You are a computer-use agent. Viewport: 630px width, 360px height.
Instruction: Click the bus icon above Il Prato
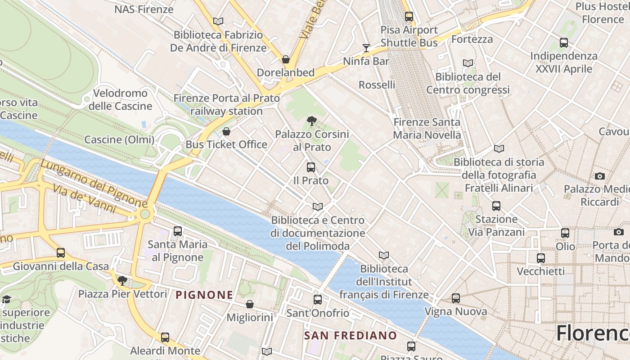pyautogui.click(x=310, y=167)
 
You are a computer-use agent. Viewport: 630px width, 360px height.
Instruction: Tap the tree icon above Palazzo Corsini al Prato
pyautogui.click(x=311, y=121)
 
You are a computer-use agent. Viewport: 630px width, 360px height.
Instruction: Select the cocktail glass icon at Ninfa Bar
pyautogui.click(x=366, y=48)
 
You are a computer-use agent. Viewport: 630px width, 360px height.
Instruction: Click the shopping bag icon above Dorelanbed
pyautogui.click(x=285, y=59)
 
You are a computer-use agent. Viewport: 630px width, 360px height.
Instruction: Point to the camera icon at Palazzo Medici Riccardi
pyautogui.click(x=599, y=176)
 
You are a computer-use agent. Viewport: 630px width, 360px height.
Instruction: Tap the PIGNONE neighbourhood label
pyautogui.click(x=204, y=295)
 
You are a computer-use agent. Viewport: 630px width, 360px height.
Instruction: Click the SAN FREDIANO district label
pyautogui.click(x=350, y=336)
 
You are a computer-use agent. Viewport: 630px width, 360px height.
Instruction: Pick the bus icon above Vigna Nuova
pyautogui.click(x=456, y=298)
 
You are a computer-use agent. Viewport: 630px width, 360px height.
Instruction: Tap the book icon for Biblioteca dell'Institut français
pyautogui.click(x=383, y=256)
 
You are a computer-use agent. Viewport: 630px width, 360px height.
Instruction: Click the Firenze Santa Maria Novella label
pyautogui.click(x=427, y=128)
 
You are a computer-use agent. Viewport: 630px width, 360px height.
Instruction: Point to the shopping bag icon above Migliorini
pyautogui.click(x=250, y=305)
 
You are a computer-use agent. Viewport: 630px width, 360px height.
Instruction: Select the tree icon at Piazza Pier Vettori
pyautogui.click(x=121, y=281)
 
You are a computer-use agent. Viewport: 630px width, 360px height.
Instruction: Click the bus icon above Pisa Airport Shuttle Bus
pyautogui.click(x=409, y=17)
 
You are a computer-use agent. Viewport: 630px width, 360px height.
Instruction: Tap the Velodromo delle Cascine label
pyautogui.click(x=120, y=99)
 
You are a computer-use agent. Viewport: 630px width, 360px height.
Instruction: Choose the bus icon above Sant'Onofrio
pyautogui.click(x=318, y=300)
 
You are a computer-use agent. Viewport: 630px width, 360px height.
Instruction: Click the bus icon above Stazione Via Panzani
pyautogui.click(x=496, y=206)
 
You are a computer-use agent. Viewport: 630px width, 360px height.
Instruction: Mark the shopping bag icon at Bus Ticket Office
pyautogui.click(x=226, y=131)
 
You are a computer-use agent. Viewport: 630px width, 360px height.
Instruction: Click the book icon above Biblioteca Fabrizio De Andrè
pyautogui.click(x=218, y=21)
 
